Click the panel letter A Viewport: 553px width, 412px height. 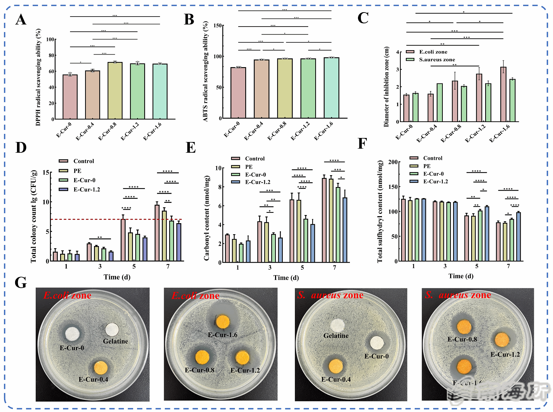[x=21, y=20]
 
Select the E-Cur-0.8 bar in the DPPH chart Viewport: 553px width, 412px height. [x=115, y=91]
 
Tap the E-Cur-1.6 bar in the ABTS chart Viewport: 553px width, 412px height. [x=331, y=88]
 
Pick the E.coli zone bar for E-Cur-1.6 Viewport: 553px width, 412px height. [x=503, y=94]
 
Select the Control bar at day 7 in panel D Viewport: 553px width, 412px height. [x=157, y=233]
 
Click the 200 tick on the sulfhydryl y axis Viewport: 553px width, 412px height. [x=393, y=162]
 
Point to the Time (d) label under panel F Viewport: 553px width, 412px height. [x=461, y=276]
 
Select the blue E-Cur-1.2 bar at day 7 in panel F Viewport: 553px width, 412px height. [x=518, y=236]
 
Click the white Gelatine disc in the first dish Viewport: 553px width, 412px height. [x=112, y=330]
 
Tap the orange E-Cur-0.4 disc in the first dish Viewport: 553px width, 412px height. [x=101, y=368]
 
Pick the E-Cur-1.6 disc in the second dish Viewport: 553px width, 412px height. [x=223, y=322]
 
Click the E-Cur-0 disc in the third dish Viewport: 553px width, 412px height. [x=377, y=343]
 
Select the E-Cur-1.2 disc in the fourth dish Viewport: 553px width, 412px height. [x=502, y=340]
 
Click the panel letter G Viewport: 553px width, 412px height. [x=21, y=283]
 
